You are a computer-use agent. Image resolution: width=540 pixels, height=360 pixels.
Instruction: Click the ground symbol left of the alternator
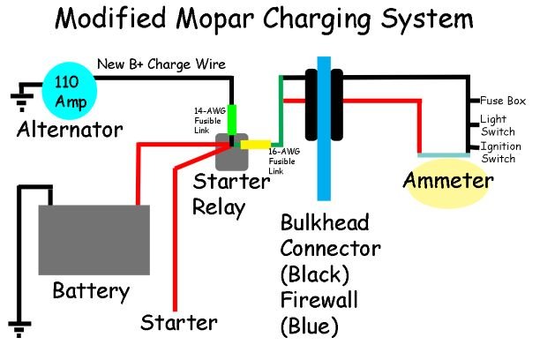point(18,92)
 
